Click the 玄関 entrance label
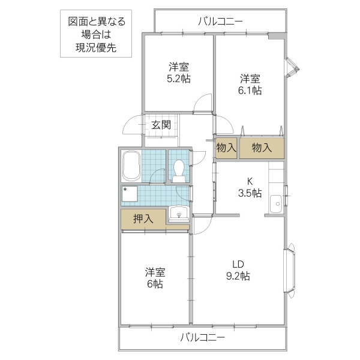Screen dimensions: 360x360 click(x=161, y=125)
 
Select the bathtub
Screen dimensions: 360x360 click(x=130, y=165)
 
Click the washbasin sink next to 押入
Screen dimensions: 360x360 click(x=178, y=213)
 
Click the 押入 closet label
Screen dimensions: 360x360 click(x=143, y=218)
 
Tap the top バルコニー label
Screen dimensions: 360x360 click(x=220, y=22)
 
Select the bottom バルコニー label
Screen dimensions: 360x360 click(x=202, y=338)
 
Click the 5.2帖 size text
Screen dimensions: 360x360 click(x=179, y=79)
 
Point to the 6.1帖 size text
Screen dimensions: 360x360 click(x=250, y=91)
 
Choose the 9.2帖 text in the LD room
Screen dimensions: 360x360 click(x=238, y=276)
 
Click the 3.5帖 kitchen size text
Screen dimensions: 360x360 click(x=249, y=193)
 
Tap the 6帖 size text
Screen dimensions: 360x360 click(x=154, y=283)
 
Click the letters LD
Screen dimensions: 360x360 click(x=238, y=264)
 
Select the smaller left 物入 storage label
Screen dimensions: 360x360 click(x=226, y=148)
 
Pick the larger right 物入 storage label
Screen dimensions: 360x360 click(x=262, y=148)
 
